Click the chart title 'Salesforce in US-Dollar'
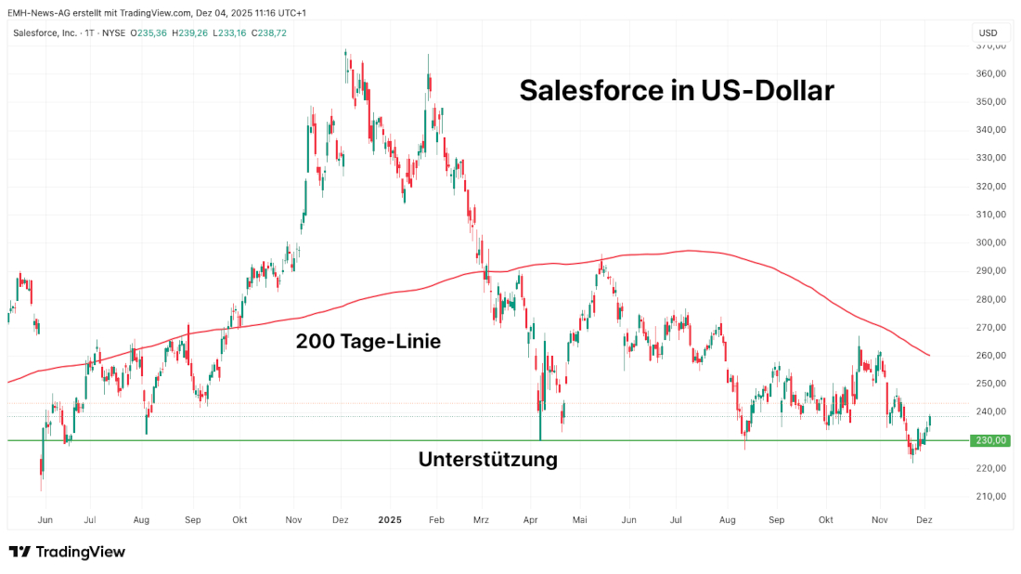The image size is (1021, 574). click(677, 90)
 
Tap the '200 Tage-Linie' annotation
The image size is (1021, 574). click(368, 342)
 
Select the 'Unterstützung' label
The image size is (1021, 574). click(487, 459)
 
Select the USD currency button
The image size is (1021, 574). click(988, 33)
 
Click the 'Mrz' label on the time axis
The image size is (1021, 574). click(480, 521)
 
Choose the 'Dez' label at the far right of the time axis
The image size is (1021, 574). click(924, 521)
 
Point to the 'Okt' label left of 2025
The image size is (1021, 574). click(239, 521)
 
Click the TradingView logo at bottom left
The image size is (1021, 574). click(67, 552)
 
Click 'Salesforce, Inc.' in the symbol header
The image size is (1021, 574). click(45, 33)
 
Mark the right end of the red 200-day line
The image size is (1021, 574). click(930, 355)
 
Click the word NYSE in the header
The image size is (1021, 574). click(113, 33)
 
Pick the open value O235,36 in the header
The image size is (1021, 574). click(148, 33)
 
